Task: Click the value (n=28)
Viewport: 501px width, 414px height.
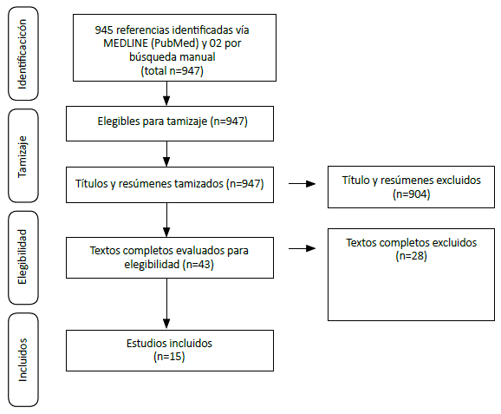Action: coord(411,256)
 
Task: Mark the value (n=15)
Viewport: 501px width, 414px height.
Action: coord(169,356)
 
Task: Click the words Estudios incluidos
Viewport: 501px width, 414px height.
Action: coord(169,343)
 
